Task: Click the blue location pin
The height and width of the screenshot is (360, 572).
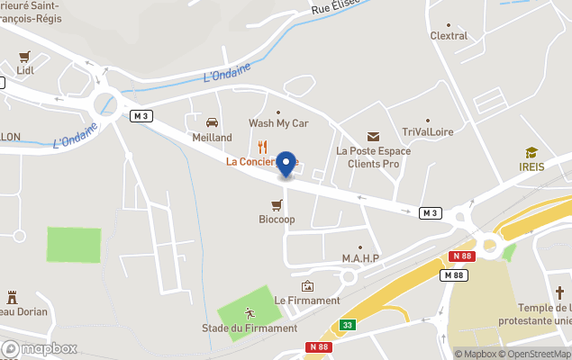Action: tap(286, 164)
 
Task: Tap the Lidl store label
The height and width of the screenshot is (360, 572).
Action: tap(25, 69)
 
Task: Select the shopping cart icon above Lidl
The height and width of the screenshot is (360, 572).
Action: tap(24, 55)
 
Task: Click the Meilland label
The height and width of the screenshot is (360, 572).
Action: tap(212, 138)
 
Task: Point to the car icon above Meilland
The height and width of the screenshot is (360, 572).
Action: tap(213, 122)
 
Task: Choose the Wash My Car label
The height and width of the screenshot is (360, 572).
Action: tap(278, 123)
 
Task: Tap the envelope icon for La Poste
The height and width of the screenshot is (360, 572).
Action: tap(373, 136)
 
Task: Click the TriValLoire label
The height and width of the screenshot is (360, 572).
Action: tap(428, 132)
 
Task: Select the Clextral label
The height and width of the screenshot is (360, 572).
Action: tap(449, 36)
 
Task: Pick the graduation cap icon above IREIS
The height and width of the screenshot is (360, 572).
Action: tap(532, 153)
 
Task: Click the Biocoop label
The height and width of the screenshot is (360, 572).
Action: tap(277, 219)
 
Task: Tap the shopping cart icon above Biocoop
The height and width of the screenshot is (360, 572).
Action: tap(277, 204)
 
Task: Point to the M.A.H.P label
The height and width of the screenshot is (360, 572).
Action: tap(360, 259)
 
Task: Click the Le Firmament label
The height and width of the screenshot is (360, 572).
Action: tap(307, 301)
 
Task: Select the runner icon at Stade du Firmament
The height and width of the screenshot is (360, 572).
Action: tap(250, 313)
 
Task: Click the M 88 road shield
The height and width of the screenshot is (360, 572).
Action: tap(454, 275)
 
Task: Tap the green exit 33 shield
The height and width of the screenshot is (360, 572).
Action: tap(347, 325)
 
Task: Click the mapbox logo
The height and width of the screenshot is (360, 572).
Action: tap(39, 349)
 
